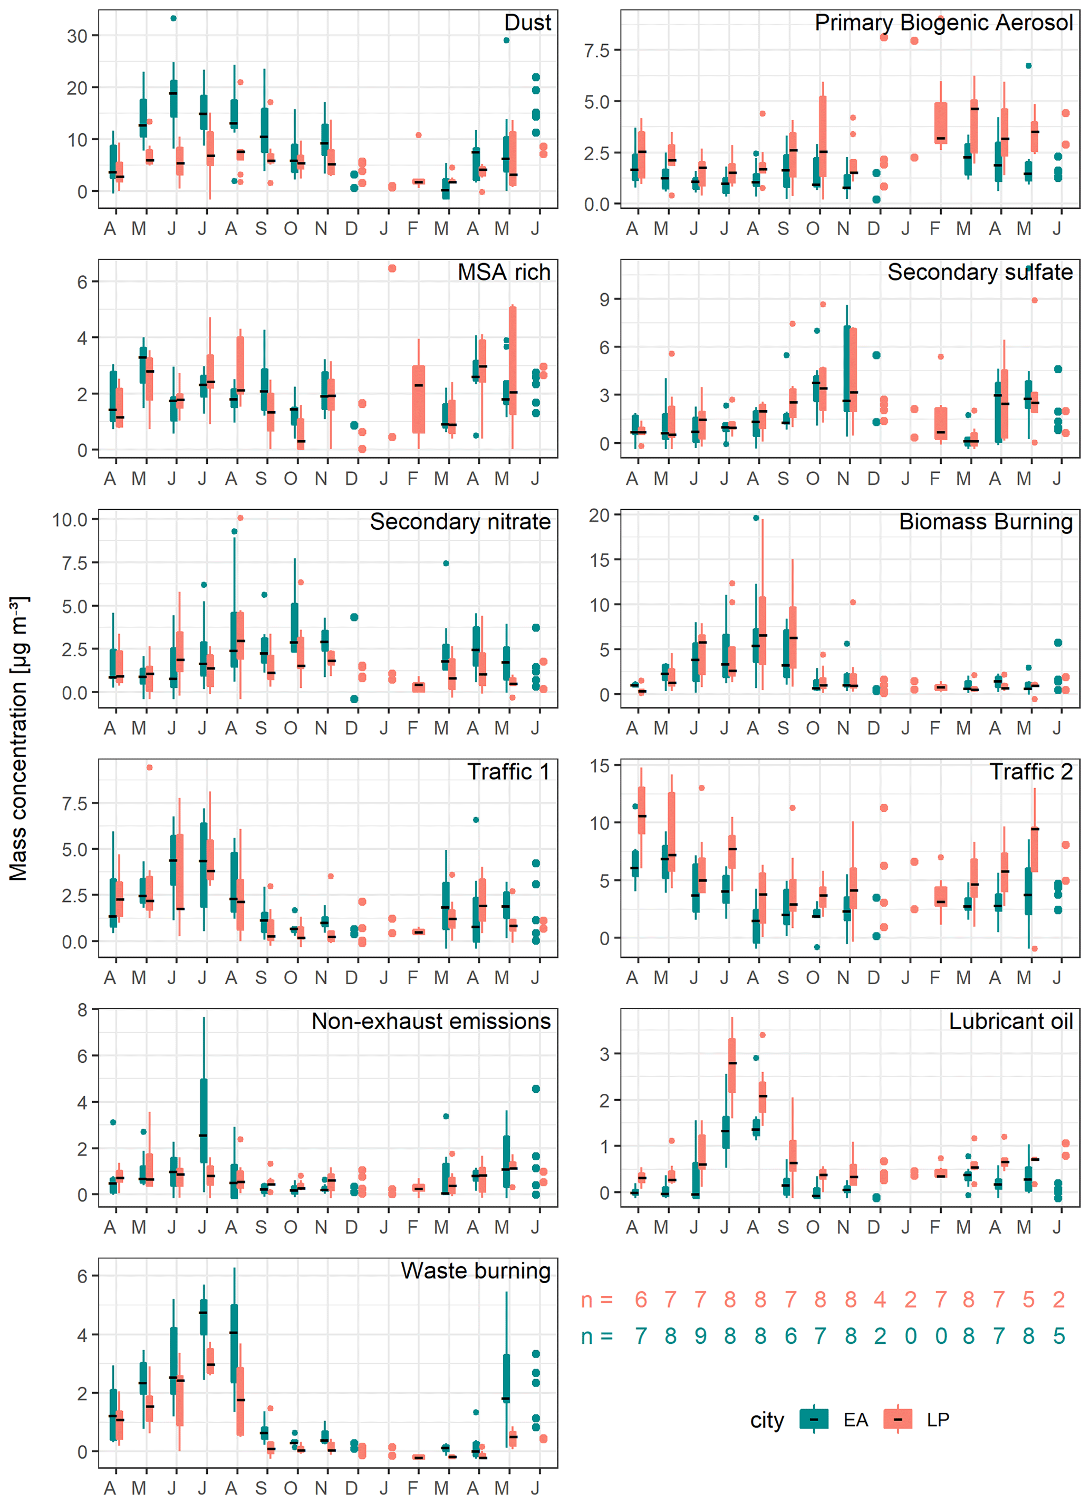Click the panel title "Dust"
(527, 23)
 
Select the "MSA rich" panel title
(504, 272)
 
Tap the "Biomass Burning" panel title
(985, 522)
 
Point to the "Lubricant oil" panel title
(1010, 1021)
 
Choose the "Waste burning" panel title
(476, 1270)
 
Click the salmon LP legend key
(898, 1419)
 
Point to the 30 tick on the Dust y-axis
(77, 36)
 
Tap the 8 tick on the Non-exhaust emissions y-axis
(82, 1010)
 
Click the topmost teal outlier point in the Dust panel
(174, 18)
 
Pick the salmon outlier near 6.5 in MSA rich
(392, 268)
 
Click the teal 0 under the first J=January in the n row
(910, 1335)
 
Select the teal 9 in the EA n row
(701, 1335)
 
